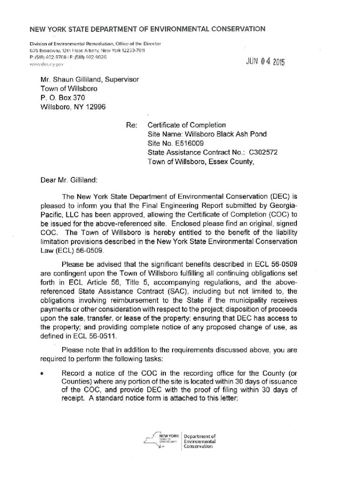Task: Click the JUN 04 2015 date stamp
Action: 265,61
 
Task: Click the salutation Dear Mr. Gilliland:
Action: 69,179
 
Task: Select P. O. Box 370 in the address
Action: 63,97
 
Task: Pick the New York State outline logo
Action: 162,440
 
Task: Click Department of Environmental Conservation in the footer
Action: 199,440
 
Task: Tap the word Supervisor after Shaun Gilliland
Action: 122,80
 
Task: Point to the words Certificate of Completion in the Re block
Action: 187,125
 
